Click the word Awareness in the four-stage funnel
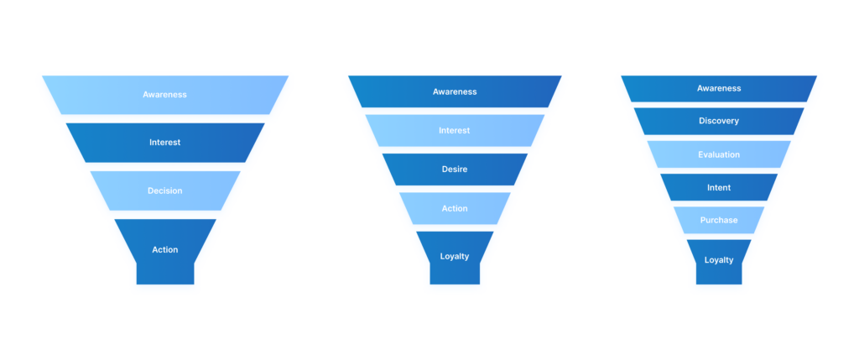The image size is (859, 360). pyautogui.click(x=164, y=95)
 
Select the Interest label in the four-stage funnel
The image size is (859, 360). pyautogui.click(x=164, y=143)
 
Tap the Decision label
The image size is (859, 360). pyautogui.click(x=164, y=190)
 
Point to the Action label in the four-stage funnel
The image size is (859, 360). pyautogui.click(x=164, y=249)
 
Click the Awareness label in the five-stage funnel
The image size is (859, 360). pyautogui.click(x=455, y=91)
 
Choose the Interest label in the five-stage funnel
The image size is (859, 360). pyautogui.click(x=455, y=130)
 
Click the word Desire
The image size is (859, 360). pyautogui.click(x=455, y=170)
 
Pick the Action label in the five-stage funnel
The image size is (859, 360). pyautogui.click(x=455, y=208)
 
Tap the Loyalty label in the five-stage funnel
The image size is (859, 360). pyautogui.click(x=455, y=256)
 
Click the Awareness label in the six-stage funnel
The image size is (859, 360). pyautogui.click(x=719, y=88)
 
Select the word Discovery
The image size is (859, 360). pyautogui.click(x=719, y=121)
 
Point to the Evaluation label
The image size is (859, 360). pyautogui.click(x=719, y=154)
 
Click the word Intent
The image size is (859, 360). pyautogui.click(x=719, y=188)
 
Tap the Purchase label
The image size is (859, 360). pyautogui.click(x=719, y=220)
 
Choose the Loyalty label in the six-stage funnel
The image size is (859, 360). pyautogui.click(x=719, y=260)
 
